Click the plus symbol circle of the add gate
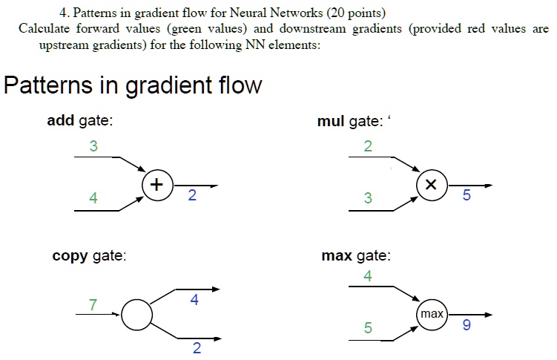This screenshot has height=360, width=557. click(156, 185)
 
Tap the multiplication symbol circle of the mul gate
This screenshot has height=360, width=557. click(432, 186)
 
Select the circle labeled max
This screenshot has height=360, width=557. click(432, 315)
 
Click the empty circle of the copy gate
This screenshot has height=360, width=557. click(136, 315)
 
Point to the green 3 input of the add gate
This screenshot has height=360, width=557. click(93, 146)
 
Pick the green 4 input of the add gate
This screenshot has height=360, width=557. click(93, 198)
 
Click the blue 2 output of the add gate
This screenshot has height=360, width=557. click(192, 196)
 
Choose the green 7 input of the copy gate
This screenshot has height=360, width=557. click(93, 304)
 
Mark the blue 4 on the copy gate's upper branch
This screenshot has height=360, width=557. click(194, 301)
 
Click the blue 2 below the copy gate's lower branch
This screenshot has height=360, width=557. click(196, 349)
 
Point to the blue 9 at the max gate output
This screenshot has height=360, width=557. click(466, 325)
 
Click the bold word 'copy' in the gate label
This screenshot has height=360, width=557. click(70, 256)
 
